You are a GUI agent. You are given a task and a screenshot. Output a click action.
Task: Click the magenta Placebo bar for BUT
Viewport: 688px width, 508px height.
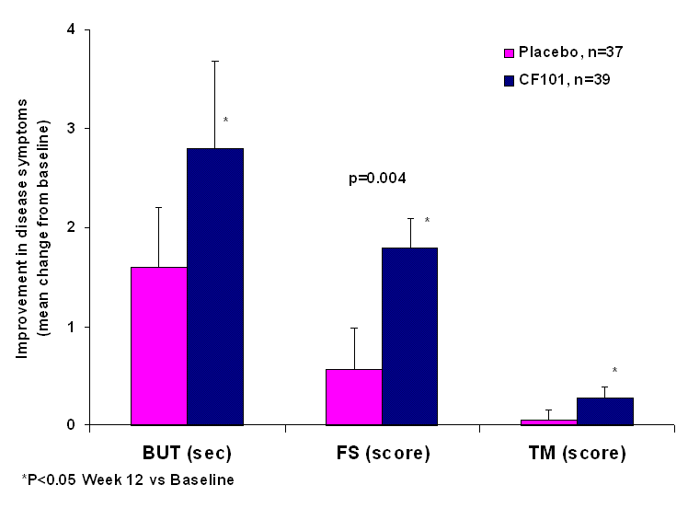point(159,346)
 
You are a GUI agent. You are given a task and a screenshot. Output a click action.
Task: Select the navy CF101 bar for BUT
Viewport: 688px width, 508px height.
point(215,286)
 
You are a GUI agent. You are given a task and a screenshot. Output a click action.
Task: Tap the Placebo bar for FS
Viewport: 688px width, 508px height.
point(354,397)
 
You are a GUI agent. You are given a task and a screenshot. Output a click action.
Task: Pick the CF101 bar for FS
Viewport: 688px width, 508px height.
point(410,336)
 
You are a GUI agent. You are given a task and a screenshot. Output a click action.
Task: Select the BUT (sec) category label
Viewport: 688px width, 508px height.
point(188,453)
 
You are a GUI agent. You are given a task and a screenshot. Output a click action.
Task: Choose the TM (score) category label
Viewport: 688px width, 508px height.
point(578,453)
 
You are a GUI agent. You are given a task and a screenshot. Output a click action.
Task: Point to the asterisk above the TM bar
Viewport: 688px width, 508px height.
point(614,371)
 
